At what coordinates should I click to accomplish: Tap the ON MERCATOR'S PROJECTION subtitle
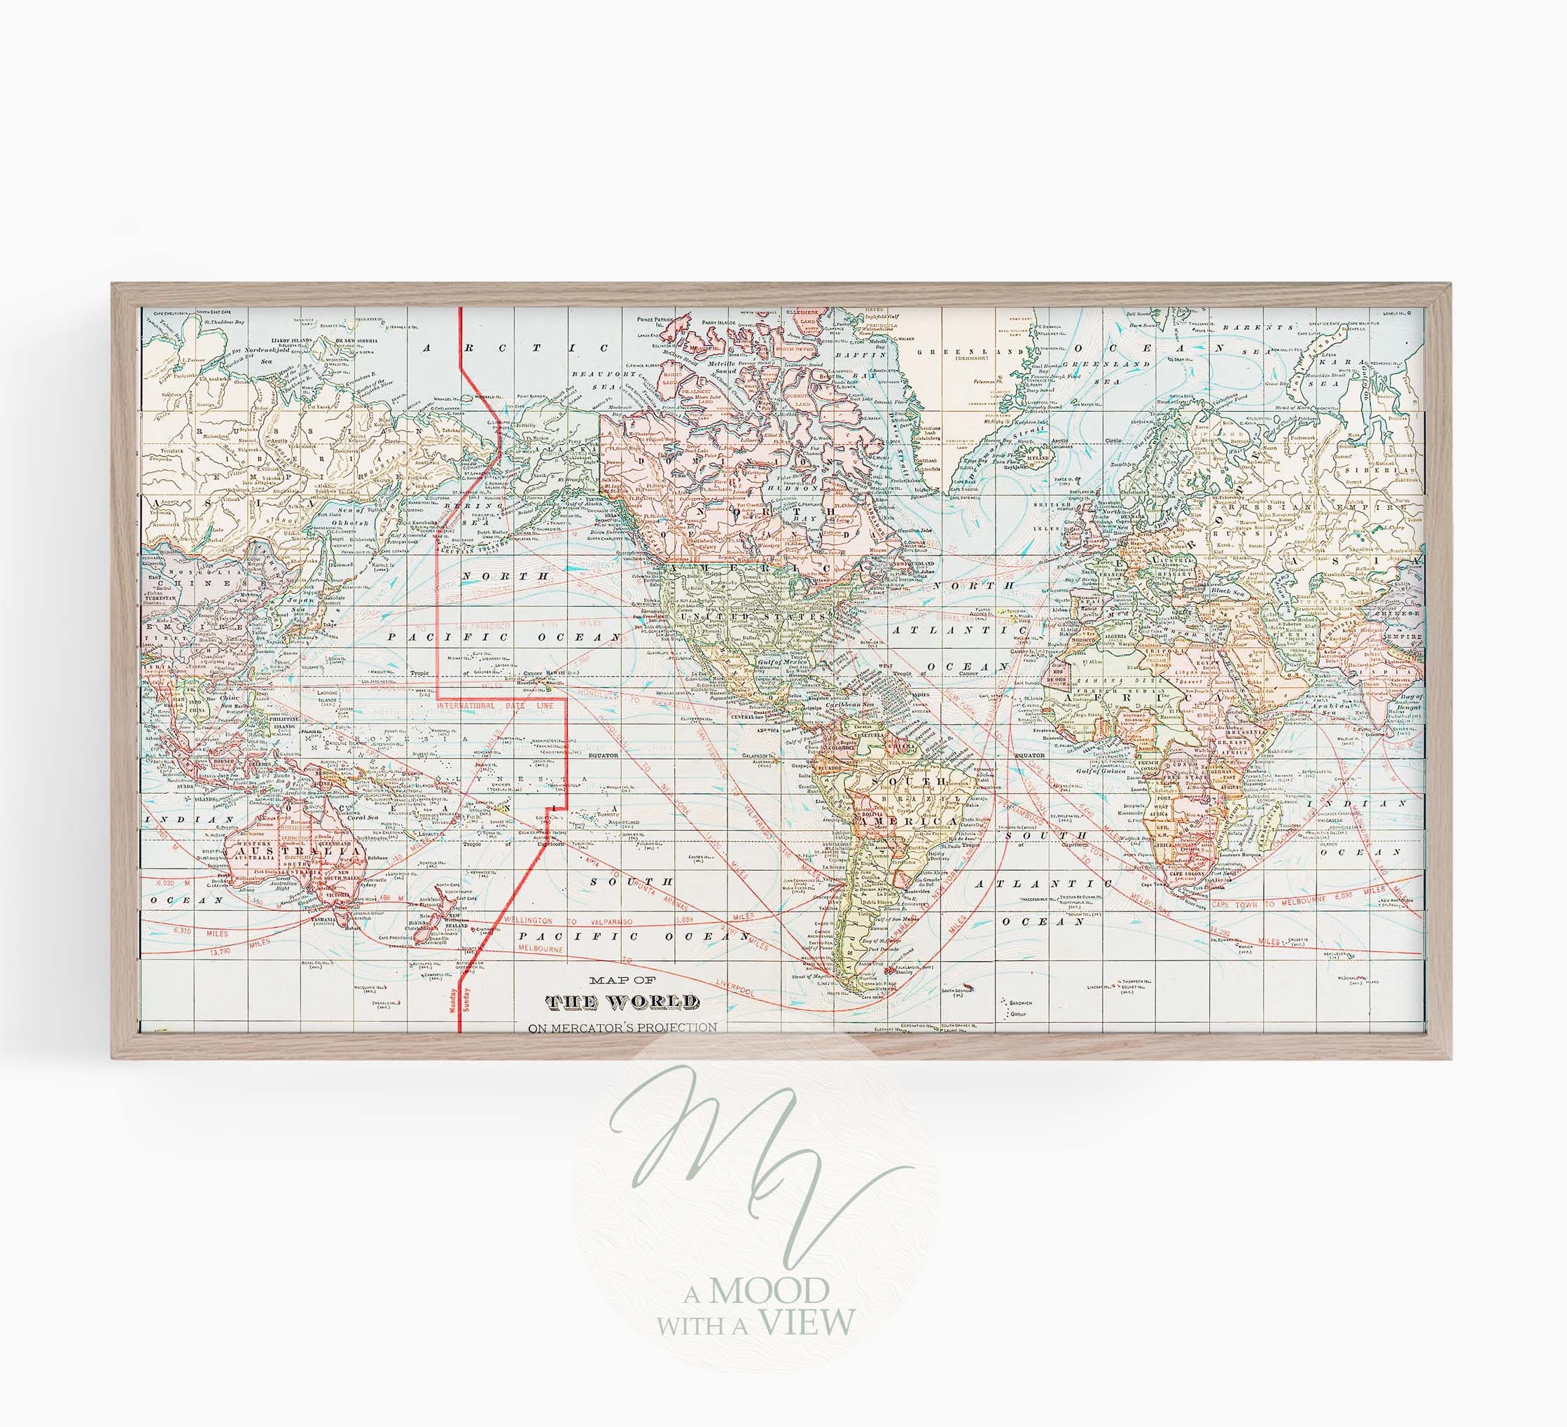(622, 1026)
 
